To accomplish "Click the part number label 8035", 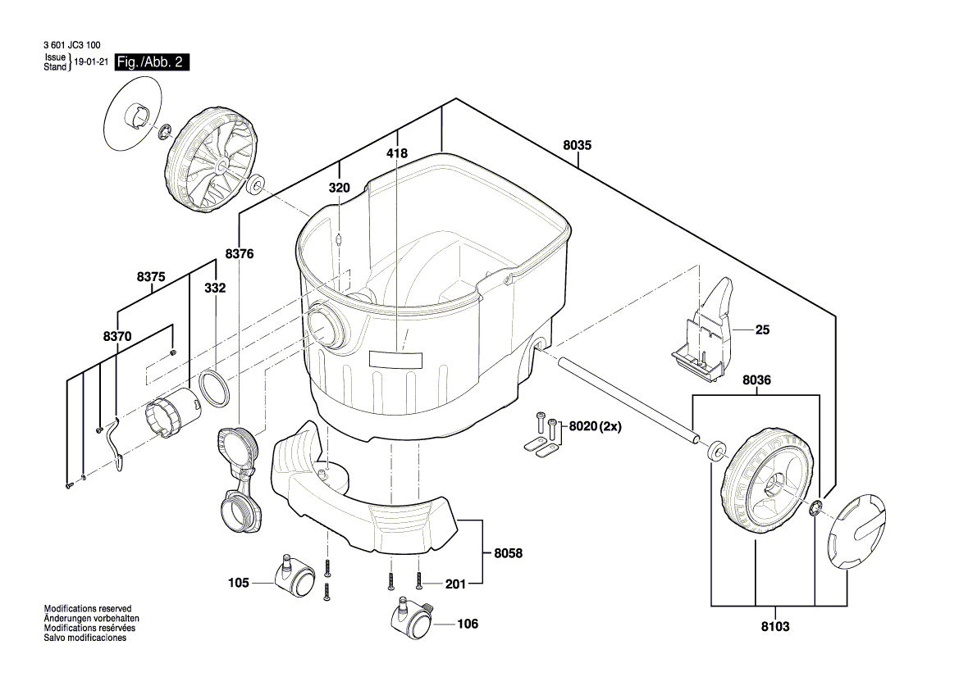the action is point(577,145).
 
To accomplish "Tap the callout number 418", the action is point(397,153).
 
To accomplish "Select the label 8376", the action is point(240,253).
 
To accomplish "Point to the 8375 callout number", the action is point(151,277).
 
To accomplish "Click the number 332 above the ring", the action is point(215,288).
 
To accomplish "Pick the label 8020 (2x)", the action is point(595,426).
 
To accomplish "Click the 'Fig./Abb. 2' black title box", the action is point(152,62).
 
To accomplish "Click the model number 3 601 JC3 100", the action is point(72,45).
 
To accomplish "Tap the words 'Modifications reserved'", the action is point(88,609).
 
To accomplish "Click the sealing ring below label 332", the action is point(214,388).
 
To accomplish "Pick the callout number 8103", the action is point(775,627).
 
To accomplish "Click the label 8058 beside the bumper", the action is point(509,553).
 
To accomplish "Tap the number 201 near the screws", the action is point(455,584).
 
